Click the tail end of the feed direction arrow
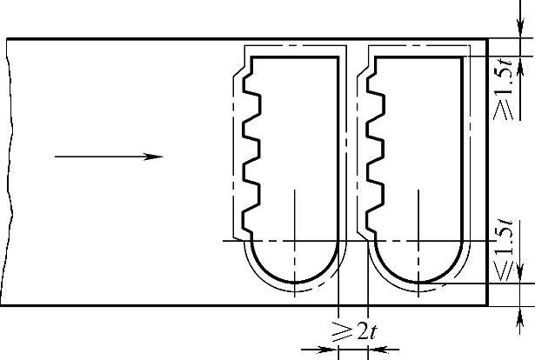[x=55, y=157]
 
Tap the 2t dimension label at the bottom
[x=355, y=330]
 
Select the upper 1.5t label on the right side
[x=505, y=90]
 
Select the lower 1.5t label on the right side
[x=505, y=251]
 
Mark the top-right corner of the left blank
[x=338, y=57]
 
